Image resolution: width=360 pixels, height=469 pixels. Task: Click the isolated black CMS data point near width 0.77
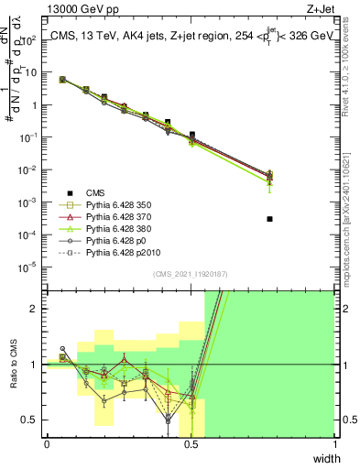pyautogui.click(x=269, y=219)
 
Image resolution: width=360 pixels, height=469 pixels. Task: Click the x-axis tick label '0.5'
pyautogui.click(x=191, y=443)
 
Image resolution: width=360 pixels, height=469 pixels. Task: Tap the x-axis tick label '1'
pyautogui.click(x=334, y=443)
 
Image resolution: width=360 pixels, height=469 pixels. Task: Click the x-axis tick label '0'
pyautogui.click(x=47, y=443)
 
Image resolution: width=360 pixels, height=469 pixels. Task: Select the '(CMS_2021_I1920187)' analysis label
pyautogui.click(x=191, y=274)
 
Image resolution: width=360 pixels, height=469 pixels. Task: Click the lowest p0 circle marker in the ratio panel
pyautogui.click(x=168, y=420)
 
